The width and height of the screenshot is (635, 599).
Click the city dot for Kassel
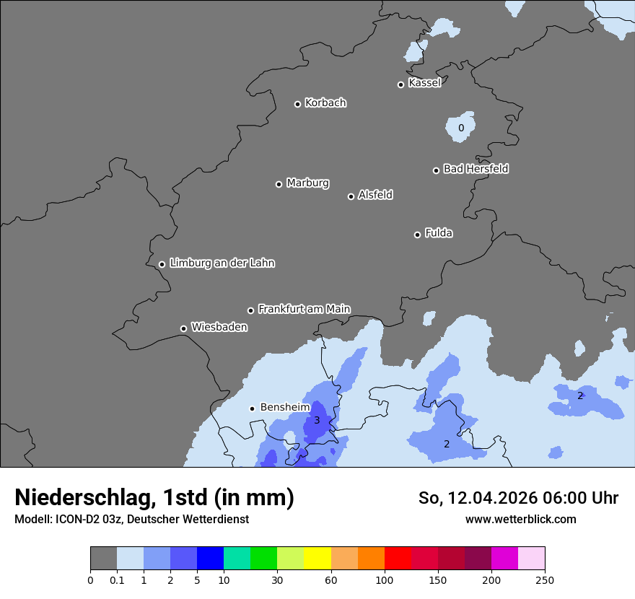tap(400, 84)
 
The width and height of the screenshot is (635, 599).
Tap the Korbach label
tap(325, 103)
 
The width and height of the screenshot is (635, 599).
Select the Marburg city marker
tap(279, 184)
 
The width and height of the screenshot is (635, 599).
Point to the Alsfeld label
tap(375, 195)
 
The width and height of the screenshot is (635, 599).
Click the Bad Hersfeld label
tap(476, 169)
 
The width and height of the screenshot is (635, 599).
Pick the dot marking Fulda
tap(417, 235)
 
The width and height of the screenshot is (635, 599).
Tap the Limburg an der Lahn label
tap(222, 263)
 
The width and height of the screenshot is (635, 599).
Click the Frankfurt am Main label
tap(304, 309)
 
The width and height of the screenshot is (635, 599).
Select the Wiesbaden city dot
tap(183, 328)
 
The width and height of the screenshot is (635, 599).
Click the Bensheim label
tap(284, 407)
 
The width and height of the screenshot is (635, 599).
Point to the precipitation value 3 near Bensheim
tap(316, 421)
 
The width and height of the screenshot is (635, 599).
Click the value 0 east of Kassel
tap(461, 128)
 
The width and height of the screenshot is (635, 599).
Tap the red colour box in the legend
tap(398, 559)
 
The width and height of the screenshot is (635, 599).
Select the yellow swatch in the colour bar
tap(317, 559)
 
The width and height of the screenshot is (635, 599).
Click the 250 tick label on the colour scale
tap(545, 580)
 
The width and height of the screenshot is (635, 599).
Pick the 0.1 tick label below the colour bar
tap(117, 580)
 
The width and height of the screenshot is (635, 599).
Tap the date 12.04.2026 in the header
tap(494, 498)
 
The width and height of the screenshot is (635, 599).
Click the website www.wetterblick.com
tap(520, 519)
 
